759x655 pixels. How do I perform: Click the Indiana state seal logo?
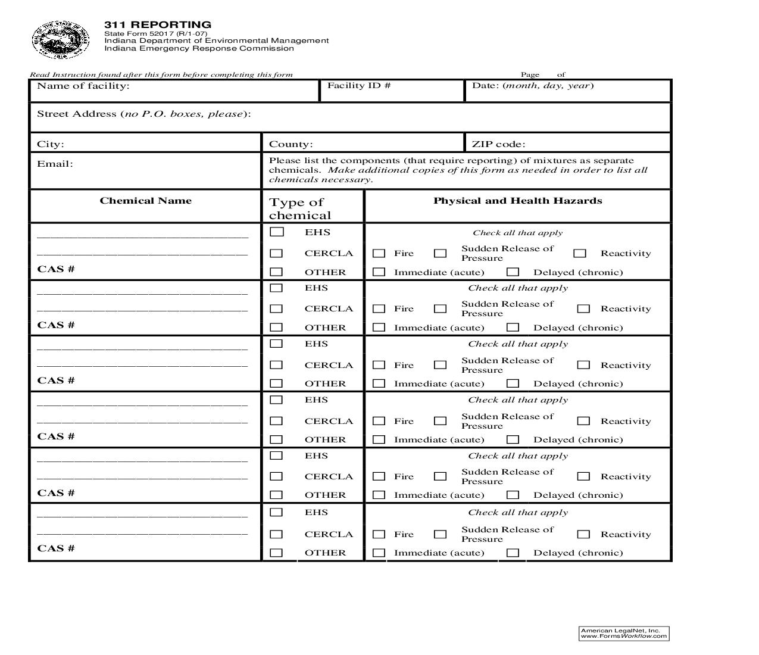tap(60, 39)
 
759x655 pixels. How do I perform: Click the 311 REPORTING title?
tap(158, 24)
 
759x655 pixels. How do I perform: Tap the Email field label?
tap(55, 164)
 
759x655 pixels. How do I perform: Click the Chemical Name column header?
tap(146, 201)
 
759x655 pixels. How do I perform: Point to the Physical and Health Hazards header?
tap(517, 201)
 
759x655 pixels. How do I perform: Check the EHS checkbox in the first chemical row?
tap(276, 232)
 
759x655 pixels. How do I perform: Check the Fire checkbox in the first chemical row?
tap(379, 253)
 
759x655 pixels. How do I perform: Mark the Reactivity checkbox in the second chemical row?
tap(583, 308)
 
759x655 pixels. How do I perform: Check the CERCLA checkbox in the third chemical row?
tap(276, 364)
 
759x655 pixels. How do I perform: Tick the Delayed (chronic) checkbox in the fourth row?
tap(513, 439)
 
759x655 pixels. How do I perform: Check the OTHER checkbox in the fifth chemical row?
tap(276, 495)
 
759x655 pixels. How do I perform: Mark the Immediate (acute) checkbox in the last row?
tap(379, 553)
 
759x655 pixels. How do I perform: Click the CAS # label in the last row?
tap(56, 548)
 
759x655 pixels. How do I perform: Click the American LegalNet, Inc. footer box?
tap(624, 634)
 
